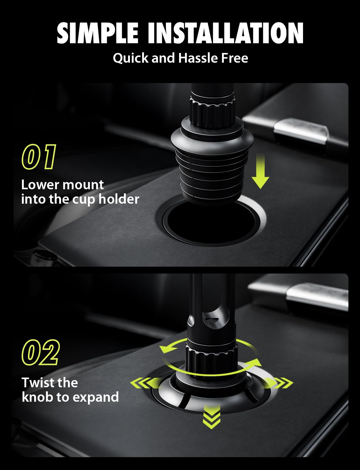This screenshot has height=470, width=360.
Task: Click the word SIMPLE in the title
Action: (97, 33)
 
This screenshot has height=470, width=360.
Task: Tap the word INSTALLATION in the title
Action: (226, 33)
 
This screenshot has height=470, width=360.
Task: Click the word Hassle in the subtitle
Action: (198, 58)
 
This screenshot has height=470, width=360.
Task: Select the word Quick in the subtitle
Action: (131, 58)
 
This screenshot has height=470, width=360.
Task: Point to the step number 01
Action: (39, 156)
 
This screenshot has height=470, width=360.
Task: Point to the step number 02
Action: (40, 352)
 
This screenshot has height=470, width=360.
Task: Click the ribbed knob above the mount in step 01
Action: (213, 112)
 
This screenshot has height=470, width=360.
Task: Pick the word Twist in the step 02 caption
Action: (37, 383)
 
